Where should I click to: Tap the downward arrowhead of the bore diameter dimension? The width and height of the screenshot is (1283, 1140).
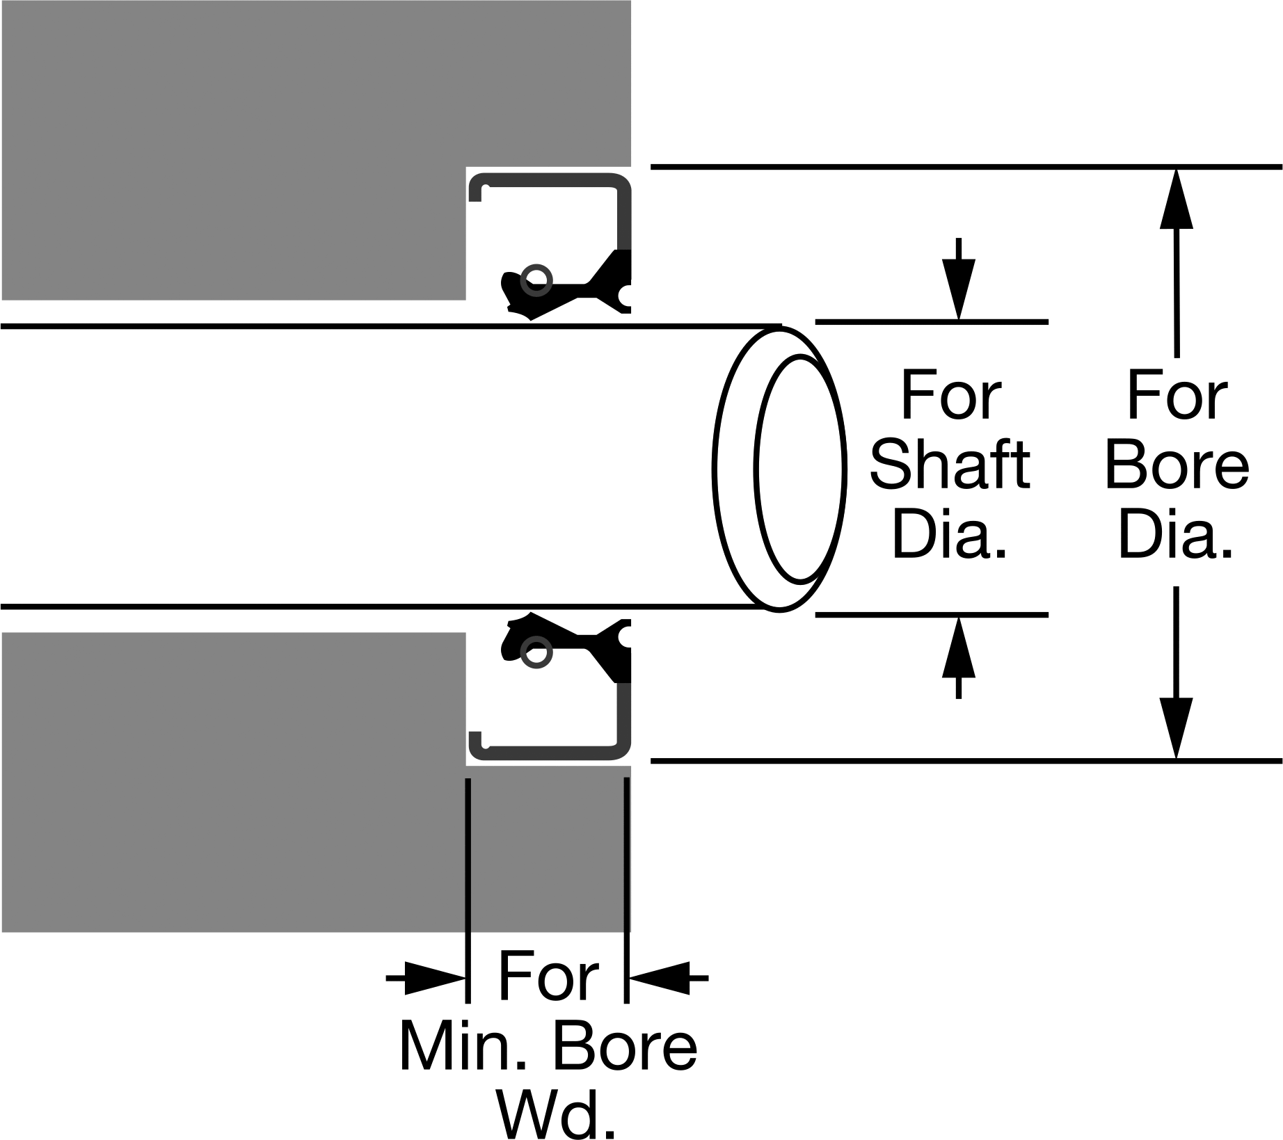(1176, 728)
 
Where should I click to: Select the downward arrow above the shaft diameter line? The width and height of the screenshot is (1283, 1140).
(959, 279)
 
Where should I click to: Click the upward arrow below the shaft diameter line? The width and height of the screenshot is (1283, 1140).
(959, 657)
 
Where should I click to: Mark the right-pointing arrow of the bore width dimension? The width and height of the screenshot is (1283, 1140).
(426, 978)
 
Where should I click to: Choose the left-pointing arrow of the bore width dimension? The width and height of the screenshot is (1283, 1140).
(669, 978)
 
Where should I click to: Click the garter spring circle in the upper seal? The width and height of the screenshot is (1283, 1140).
(536, 280)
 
